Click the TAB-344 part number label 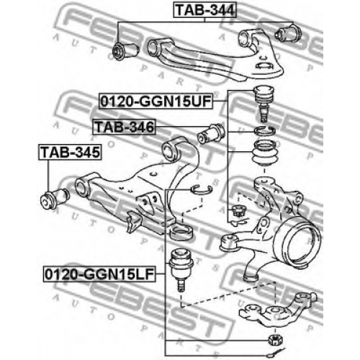[x=205, y=10]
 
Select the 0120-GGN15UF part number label [x=156, y=101]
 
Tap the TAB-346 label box [x=125, y=127]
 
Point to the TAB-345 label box [x=70, y=152]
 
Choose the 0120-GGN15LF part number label [x=99, y=274]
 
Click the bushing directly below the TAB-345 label [x=55, y=199]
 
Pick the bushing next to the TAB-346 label [x=211, y=133]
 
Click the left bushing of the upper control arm [x=125, y=50]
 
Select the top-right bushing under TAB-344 [x=288, y=33]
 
